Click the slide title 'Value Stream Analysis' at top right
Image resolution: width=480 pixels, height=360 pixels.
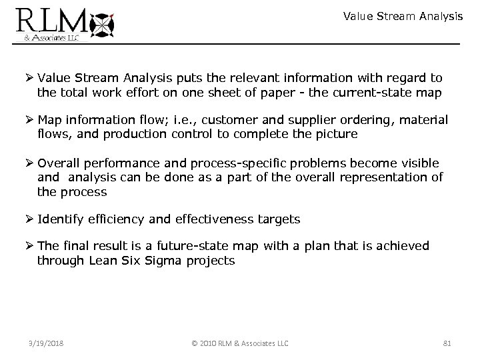403,16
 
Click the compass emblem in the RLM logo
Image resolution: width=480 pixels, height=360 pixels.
103,25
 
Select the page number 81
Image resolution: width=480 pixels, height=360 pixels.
447,343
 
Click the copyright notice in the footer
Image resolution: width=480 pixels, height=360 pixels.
240,343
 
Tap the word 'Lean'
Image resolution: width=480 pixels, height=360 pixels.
103,261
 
